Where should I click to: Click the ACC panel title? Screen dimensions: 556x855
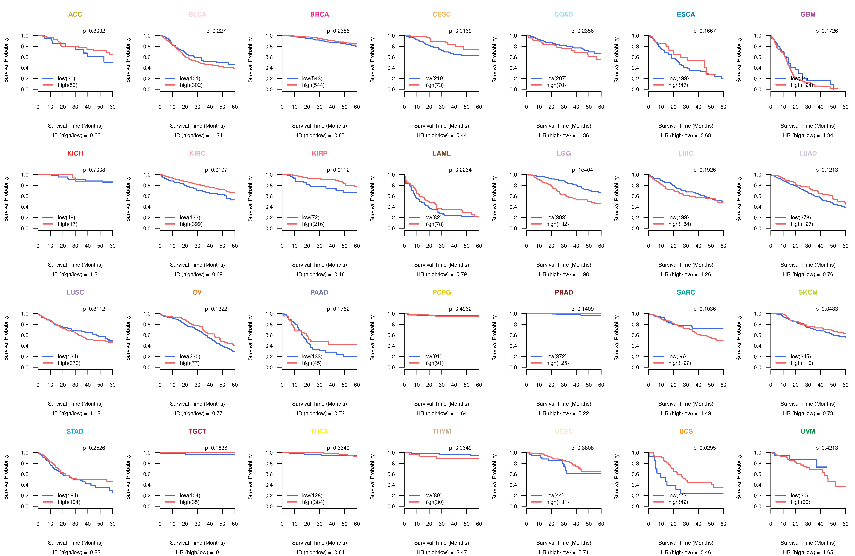(x=75, y=14)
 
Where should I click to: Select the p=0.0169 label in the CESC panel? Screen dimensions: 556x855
(x=460, y=31)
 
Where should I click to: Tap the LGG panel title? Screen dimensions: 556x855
(x=564, y=153)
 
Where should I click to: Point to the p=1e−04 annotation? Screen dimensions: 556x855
(x=582, y=170)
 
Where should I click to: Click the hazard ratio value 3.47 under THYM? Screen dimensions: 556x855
(x=462, y=552)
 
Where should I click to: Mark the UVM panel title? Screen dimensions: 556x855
(x=808, y=431)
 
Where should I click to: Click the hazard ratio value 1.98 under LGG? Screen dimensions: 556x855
(x=584, y=275)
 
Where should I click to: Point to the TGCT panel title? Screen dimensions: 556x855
(x=197, y=431)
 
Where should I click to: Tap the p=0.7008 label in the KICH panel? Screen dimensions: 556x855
(x=94, y=170)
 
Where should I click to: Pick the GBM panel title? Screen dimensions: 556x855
(x=808, y=14)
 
